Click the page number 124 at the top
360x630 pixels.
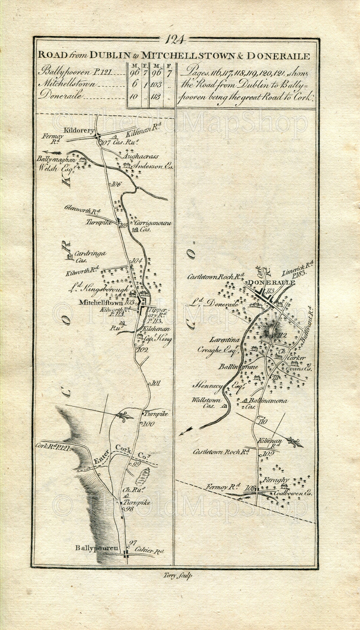tap(174, 39)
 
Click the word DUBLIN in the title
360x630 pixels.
tap(110, 56)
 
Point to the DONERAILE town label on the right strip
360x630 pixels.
tap(271, 283)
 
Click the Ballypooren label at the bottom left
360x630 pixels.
tap(97, 548)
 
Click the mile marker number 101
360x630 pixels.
tap(156, 383)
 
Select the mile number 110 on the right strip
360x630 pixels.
tap(262, 421)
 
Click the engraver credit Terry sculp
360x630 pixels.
tap(177, 575)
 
